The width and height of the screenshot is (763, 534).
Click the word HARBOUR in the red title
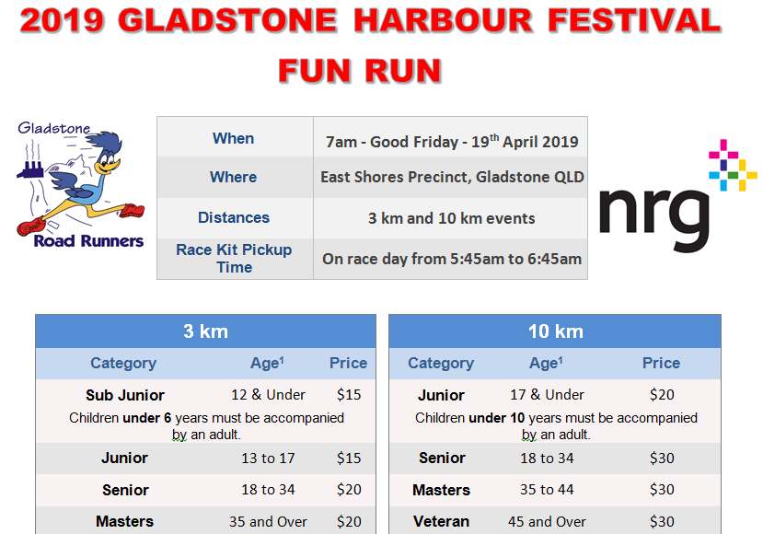[443, 20]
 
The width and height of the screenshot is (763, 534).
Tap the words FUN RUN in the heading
[360, 71]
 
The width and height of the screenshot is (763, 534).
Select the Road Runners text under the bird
[88, 241]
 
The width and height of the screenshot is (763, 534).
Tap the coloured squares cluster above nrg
[733, 166]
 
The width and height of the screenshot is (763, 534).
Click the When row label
[233, 138]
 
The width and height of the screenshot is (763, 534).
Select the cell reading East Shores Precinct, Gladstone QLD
[452, 177]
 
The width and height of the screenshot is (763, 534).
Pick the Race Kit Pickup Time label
[234, 259]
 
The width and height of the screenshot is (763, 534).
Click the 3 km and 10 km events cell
[452, 218]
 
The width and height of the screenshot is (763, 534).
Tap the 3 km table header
[205, 331]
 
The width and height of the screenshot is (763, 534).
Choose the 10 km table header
[556, 331]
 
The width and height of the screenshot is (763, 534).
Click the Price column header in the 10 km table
[662, 363]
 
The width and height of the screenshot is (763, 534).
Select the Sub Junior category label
[125, 395]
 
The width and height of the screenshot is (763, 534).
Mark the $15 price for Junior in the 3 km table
[349, 459]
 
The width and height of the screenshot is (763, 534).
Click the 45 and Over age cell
[547, 522]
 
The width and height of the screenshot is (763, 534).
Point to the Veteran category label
[442, 522]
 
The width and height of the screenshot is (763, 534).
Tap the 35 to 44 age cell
[547, 489]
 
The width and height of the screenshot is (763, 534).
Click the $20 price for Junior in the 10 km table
[662, 394]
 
